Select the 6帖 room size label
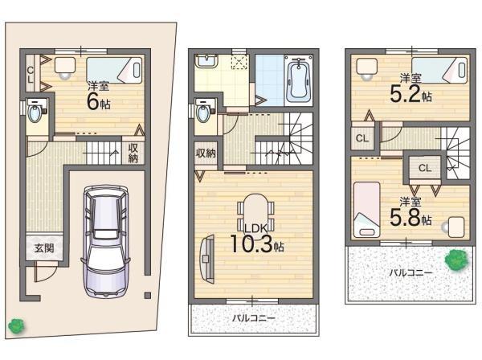99,99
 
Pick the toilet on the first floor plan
34,112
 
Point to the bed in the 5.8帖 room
367,207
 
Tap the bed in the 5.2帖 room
437,68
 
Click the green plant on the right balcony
457,260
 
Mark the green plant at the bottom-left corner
14,326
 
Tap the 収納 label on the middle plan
205,153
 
